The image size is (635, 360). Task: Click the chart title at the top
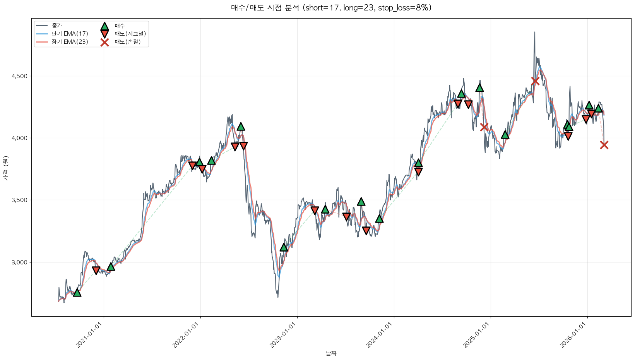[x=331, y=8]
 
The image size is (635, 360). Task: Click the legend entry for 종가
[x=56, y=26]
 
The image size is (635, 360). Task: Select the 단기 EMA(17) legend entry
[x=70, y=34]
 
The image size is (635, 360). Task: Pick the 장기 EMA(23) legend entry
[x=70, y=42]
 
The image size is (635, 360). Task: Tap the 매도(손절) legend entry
[x=127, y=42]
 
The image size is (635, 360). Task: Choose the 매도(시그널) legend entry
[x=130, y=34]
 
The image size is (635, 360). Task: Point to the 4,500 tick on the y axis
[x=19, y=76]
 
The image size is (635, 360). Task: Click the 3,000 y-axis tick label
[x=19, y=262]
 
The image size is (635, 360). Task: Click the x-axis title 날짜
[x=331, y=353]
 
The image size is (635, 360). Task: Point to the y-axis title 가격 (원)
[x=5, y=168]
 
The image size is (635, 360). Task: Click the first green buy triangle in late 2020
[x=77, y=292]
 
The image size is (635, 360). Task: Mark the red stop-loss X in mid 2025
[x=535, y=81]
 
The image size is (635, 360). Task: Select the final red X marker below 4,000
[x=604, y=145]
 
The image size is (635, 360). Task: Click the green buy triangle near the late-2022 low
[x=284, y=247]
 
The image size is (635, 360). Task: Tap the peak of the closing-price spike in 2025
[x=535, y=32]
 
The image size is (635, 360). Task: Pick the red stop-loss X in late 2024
[x=484, y=127]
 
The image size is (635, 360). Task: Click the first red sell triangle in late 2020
[x=96, y=270]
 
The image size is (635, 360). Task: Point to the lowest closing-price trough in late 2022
[x=278, y=297]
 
